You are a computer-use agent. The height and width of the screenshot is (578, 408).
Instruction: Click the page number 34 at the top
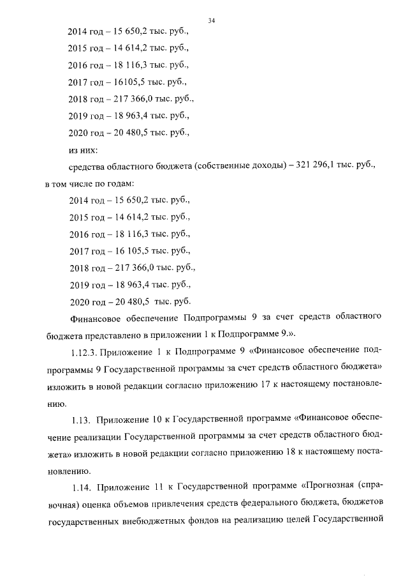211,20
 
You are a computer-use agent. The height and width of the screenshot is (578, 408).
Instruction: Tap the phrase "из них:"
82,150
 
